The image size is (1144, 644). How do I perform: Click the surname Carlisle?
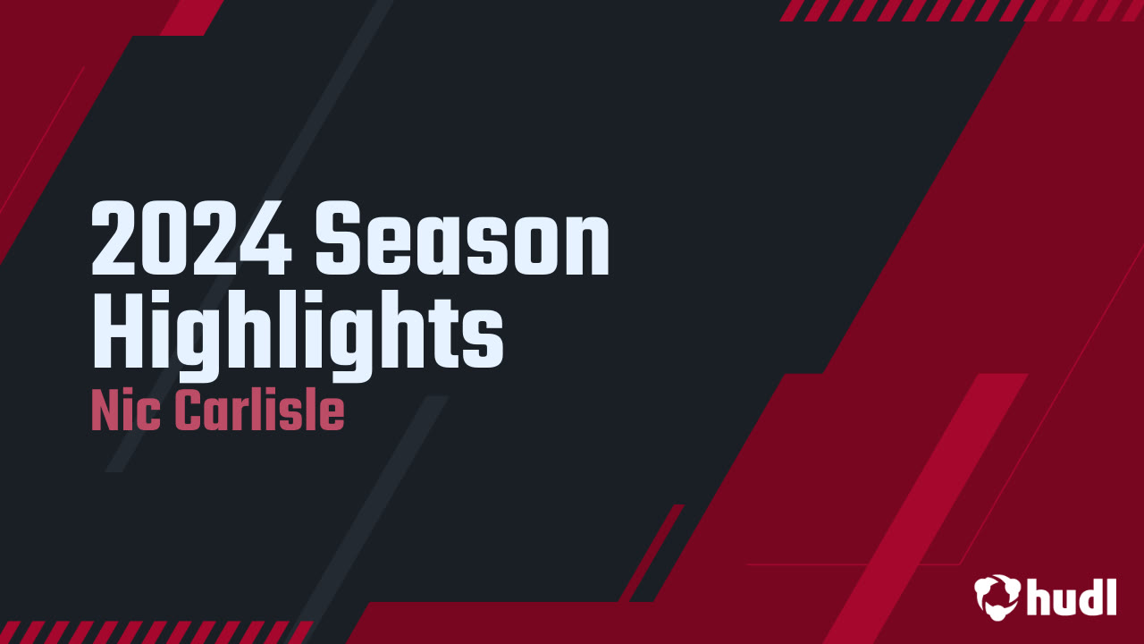coord(259,411)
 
